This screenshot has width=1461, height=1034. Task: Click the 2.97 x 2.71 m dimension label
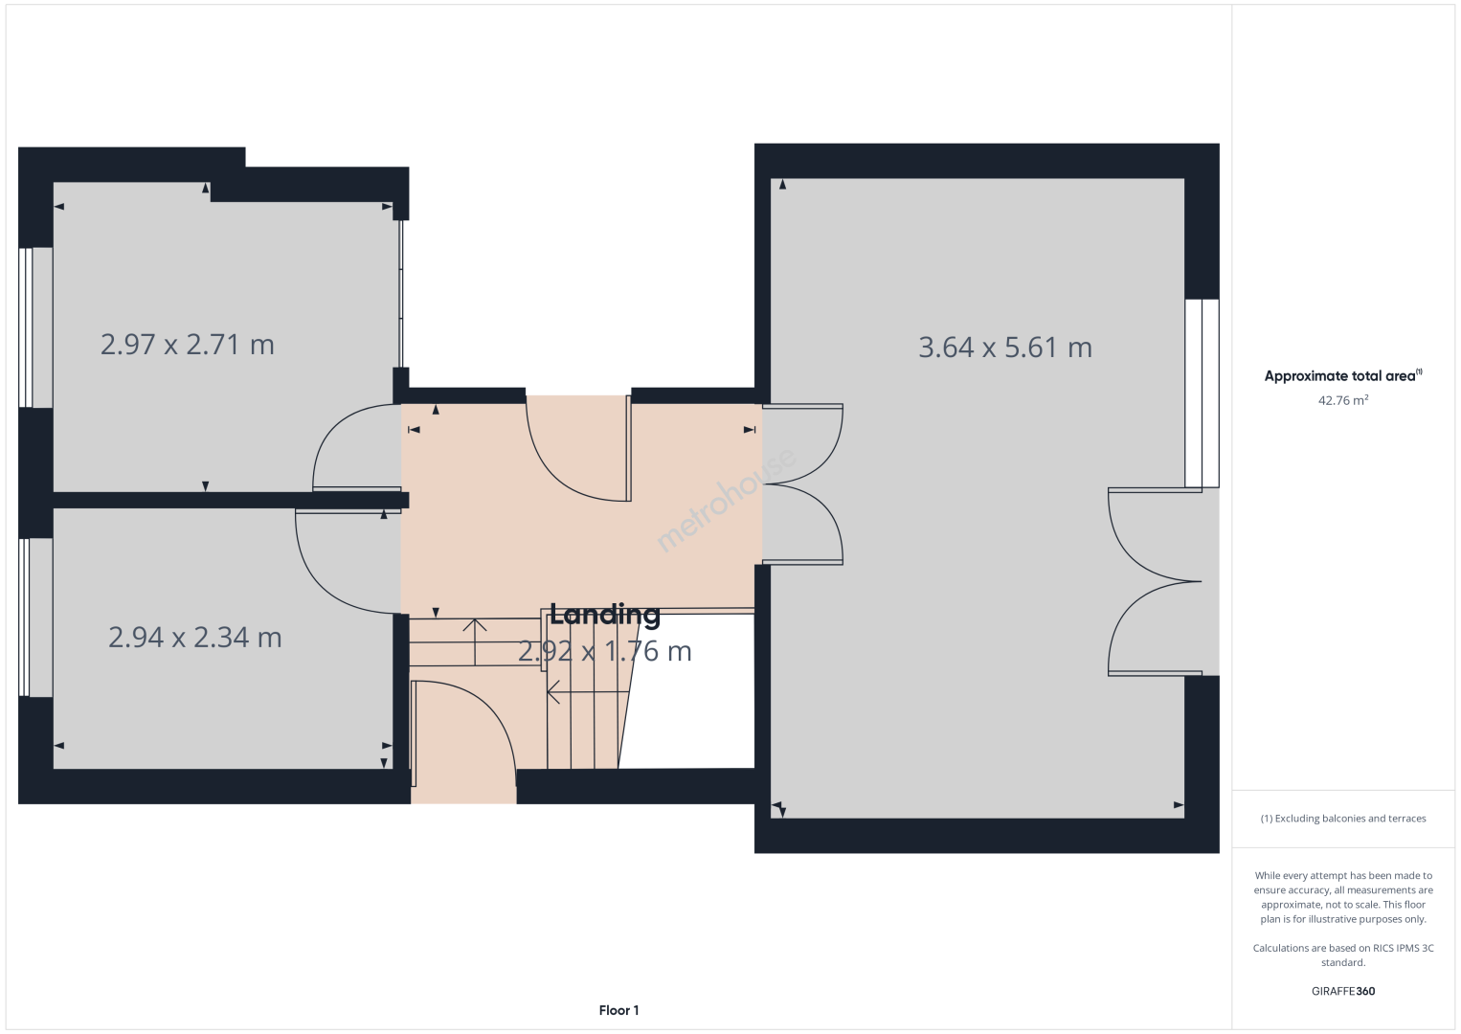(188, 345)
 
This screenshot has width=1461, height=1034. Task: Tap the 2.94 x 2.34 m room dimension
(195, 638)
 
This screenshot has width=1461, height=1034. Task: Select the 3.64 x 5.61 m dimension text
(1005, 347)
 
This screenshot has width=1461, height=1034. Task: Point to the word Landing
(605, 615)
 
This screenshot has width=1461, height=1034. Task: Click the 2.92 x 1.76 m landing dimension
(605, 651)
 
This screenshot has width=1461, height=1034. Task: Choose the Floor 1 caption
(619, 1010)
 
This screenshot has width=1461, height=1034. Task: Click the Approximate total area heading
(1343, 375)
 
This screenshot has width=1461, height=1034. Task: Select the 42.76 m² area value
(1343, 400)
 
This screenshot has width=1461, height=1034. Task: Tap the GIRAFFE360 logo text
(1343, 991)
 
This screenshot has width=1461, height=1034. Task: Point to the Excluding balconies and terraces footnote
(1343, 818)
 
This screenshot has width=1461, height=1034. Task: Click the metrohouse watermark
(726, 499)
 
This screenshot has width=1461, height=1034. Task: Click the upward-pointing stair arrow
(475, 641)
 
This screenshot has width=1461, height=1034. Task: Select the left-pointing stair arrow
(588, 691)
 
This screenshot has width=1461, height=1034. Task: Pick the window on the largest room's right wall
(1203, 393)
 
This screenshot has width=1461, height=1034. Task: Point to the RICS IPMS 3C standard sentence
(1343, 955)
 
